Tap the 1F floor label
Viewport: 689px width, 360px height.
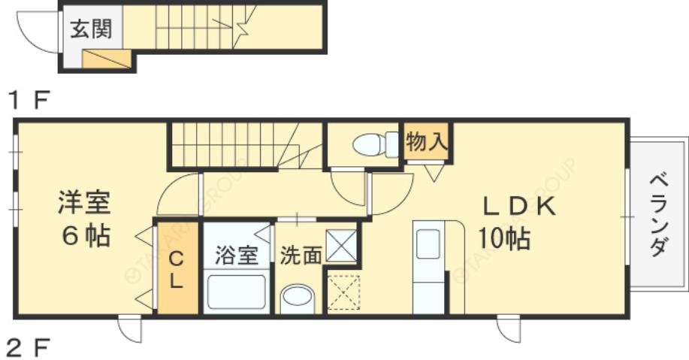coord(28,99)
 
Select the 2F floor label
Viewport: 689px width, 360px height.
coord(29,347)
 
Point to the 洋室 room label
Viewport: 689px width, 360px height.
coord(85,202)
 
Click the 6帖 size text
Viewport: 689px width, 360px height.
coord(85,236)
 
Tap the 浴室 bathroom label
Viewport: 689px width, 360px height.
coord(237,256)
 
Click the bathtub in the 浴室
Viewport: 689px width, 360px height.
coord(237,291)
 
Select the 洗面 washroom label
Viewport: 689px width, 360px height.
coord(301,256)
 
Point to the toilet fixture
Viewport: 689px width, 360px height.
coord(375,144)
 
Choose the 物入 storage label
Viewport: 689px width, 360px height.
coord(428,141)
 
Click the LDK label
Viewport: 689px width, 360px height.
coord(518,206)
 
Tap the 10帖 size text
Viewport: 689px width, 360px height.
coord(505,239)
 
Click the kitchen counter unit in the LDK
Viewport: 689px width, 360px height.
coord(428,267)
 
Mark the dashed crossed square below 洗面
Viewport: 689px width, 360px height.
coord(343,292)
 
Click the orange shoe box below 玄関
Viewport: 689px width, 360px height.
coord(104,59)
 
